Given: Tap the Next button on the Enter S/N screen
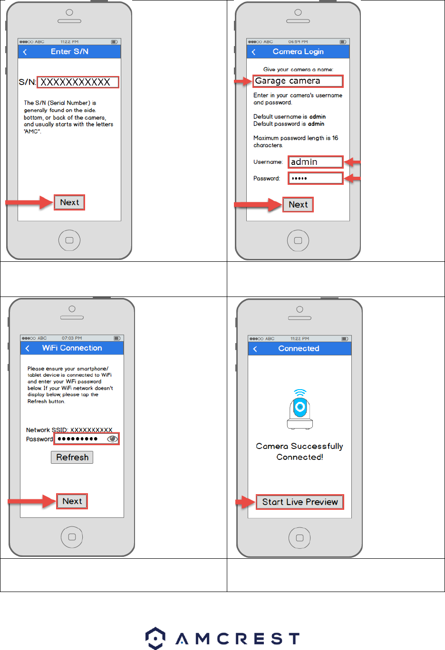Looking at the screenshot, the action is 69,202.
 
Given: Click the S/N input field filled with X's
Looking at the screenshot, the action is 78,82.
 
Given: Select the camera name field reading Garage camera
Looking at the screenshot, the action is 298,81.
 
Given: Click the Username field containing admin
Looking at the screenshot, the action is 315,162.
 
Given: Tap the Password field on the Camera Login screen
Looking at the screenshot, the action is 315,178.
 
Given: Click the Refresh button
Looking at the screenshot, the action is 72,457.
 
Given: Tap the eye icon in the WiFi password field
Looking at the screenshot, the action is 112,439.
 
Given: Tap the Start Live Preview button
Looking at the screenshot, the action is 300,502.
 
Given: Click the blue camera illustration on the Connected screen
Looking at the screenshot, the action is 300,409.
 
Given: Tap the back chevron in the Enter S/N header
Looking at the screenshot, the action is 25,52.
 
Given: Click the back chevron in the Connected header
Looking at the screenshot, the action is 255,349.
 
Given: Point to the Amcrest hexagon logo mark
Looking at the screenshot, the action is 155,638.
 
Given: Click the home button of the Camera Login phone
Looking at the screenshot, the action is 298,240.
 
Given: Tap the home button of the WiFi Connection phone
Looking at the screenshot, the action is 72,537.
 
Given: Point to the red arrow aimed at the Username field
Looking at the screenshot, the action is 352,162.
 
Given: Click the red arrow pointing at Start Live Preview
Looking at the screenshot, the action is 245,502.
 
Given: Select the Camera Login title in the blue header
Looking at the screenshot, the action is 298,52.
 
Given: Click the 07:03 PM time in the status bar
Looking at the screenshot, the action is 71,338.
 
